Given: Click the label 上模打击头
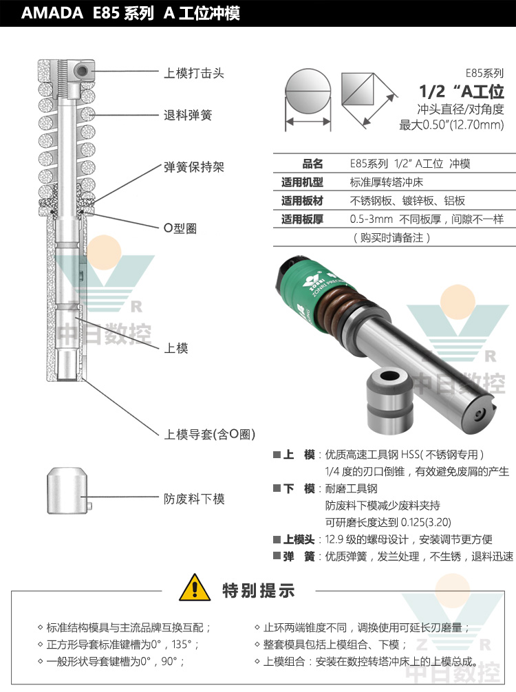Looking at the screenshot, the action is [194, 73].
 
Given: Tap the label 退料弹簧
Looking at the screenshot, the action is [188, 115].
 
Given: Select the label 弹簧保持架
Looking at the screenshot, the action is [194, 167].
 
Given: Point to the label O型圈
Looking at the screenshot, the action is [180, 228].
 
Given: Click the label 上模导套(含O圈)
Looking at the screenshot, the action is [210, 434].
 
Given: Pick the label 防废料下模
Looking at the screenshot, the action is [194, 499].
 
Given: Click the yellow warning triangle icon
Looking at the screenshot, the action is [195, 588].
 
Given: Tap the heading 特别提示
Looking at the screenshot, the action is [258, 590].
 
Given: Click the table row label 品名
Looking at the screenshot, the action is [312, 164].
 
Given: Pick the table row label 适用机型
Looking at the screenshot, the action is [302, 182].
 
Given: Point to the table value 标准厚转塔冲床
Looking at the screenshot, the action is [386, 182].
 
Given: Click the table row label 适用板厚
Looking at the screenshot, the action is [302, 219].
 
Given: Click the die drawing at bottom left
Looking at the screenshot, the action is [67, 490].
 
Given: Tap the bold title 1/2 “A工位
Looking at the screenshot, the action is [461, 91].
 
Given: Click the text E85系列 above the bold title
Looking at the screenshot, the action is [484, 74].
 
